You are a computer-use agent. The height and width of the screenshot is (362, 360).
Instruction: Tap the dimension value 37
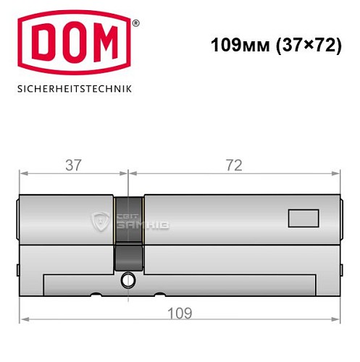tap(72, 165)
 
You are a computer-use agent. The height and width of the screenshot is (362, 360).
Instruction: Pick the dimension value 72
tap(233, 165)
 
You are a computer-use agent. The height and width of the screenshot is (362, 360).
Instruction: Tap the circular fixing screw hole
tap(129, 279)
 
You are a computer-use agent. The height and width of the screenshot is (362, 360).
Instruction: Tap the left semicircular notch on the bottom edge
tap(94, 295)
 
